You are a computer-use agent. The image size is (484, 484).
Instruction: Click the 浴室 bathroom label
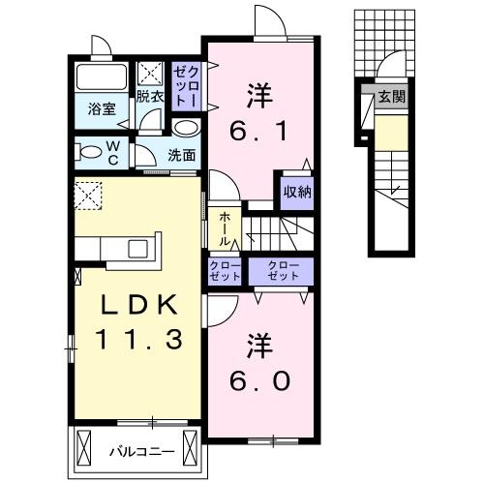(103, 108)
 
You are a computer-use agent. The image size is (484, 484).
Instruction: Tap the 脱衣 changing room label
(149, 97)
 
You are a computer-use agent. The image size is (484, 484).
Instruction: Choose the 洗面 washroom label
(181, 154)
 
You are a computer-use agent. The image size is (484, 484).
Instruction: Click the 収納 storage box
(297, 191)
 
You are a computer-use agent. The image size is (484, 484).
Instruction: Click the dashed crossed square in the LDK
(89, 196)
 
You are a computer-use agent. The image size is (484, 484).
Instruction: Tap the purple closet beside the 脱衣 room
(187, 85)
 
